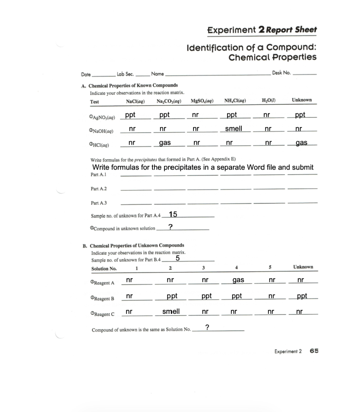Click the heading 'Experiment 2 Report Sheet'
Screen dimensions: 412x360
pos(262,30)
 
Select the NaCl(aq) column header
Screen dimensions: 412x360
pos(136,101)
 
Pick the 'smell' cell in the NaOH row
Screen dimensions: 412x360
pos(233,128)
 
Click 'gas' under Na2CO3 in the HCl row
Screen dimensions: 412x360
pos(165,143)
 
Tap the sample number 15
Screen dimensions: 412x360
pos(173,214)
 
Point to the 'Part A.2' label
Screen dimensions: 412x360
pos(99,189)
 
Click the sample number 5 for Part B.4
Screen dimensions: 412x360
pos(177,259)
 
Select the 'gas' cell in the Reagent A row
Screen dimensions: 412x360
pos(238,279)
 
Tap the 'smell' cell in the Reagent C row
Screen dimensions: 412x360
pos(171,312)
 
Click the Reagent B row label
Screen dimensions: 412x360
pos(103,299)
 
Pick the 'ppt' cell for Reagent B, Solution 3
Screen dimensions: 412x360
pos(206,296)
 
